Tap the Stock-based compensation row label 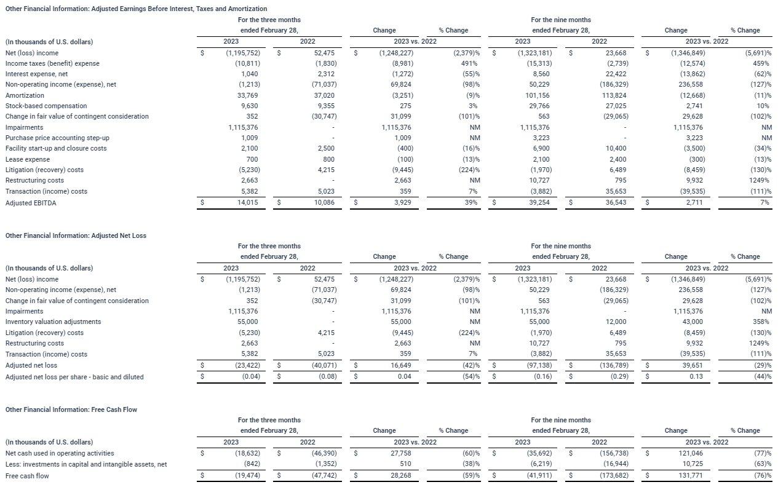pyautogui.click(x=46, y=106)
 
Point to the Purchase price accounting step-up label pyautogui.click(x=57, y=138)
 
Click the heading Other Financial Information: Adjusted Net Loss pyautogui.click(x=76, y=235)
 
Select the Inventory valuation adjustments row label pyautogui.click(x=53, y=322)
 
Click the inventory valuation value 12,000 pyautogui.click(x=614, y=322)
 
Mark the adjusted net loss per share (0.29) pyautogui.click(x=616, y=376)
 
